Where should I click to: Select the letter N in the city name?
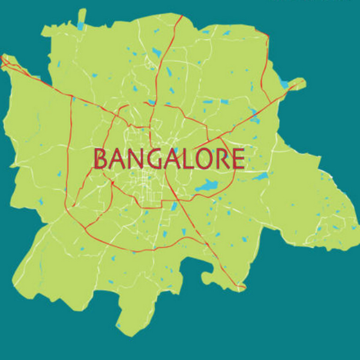click(137, 159)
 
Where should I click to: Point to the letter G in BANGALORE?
click(156, 159)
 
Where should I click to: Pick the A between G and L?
click(174, 159)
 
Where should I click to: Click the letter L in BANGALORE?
click(190, 159)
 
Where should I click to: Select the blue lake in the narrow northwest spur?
click(80, 26)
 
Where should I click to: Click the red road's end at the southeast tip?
click(243, 289)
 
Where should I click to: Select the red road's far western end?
click(2, 58)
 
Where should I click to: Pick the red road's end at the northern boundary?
click(182, 16)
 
